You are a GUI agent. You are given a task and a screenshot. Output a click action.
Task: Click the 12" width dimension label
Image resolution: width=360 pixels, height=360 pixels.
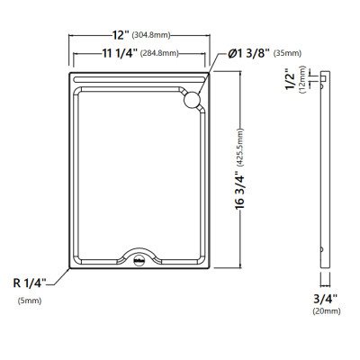(121, 35)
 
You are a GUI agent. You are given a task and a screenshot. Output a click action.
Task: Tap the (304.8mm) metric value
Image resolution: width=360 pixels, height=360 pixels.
(151, 35)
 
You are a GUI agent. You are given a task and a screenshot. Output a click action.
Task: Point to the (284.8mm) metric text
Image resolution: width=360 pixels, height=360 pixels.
(159, 53)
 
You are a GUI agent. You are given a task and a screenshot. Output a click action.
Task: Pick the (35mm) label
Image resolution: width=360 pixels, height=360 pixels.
(287, 53)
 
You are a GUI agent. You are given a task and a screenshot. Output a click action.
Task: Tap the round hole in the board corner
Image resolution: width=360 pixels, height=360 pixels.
(192, 100)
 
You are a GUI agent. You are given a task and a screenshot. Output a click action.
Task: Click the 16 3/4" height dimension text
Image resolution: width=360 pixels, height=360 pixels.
(239, 190)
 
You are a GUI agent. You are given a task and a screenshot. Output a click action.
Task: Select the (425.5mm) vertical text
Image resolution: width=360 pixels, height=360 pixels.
(240, 147)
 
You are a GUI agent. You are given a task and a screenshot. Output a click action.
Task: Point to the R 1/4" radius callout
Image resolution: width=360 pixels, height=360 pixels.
(30, 283)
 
